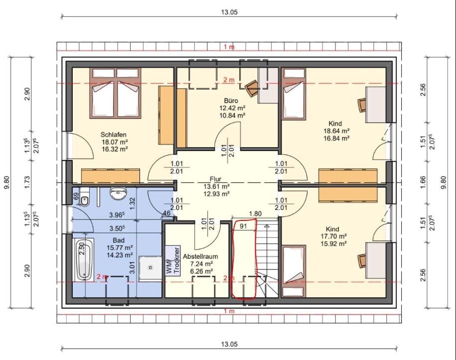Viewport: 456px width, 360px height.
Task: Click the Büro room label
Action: [232, 101]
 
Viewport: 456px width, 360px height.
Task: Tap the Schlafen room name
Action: [114, 135]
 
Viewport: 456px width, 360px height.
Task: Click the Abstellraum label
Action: [200, 257]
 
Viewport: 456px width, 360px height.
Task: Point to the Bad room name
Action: [119, 240]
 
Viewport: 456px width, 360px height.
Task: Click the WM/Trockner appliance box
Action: [173, 260]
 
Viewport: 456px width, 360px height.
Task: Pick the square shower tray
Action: [151, 268]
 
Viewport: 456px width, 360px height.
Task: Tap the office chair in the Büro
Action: [252, 88]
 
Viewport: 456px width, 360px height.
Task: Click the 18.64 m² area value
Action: [336, 131]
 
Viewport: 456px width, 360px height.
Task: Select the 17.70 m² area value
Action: [336, 236]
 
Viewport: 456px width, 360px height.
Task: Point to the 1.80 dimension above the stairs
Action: [255, 213]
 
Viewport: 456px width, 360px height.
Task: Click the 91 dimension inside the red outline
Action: [243, 225]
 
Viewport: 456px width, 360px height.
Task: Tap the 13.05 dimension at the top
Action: [229, 12]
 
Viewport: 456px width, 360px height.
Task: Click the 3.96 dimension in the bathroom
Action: [117, 215]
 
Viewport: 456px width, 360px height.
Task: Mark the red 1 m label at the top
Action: [229, 46]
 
